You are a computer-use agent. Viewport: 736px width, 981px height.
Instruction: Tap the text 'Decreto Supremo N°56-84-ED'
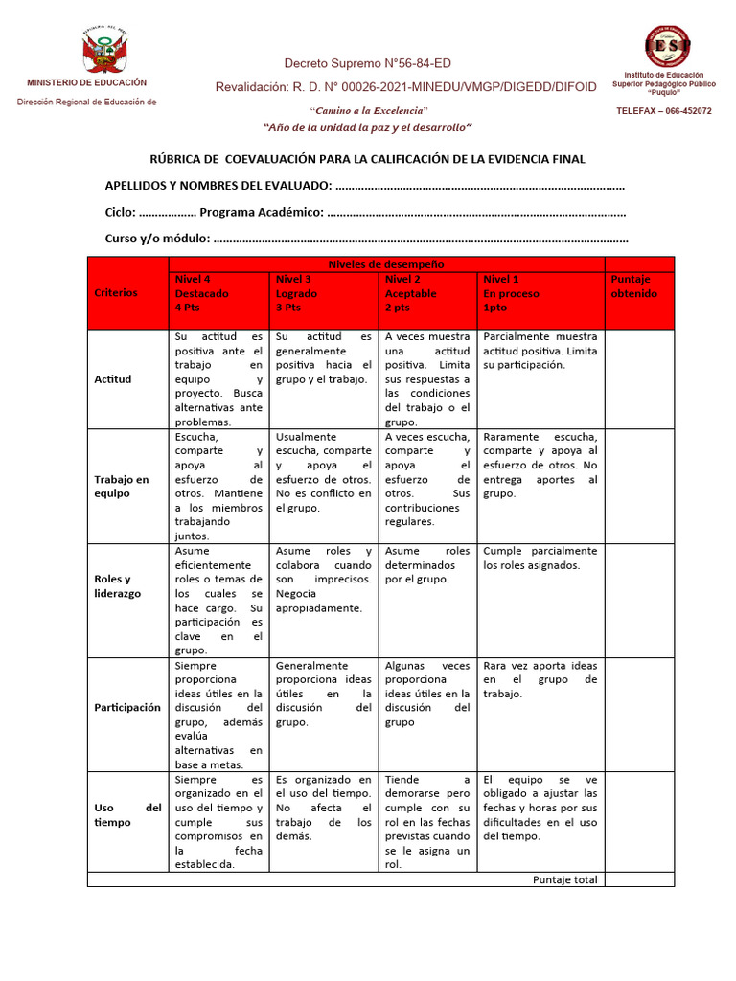[367, 64]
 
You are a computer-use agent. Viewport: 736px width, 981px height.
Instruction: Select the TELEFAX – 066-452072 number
[664, 111]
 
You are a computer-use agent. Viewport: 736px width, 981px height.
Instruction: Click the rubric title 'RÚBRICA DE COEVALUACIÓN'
[367, 159]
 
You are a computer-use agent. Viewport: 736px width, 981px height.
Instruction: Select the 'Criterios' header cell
[116, 293]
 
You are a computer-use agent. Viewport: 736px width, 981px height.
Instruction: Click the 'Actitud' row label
[112, 379]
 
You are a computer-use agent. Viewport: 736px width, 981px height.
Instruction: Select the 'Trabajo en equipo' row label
[122, 487]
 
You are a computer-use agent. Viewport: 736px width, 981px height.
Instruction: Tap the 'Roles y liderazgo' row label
[117, 586]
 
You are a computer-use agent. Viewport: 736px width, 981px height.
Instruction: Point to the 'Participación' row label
[127, 708]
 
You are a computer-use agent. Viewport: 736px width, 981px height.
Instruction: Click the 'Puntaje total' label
[564, 879]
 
